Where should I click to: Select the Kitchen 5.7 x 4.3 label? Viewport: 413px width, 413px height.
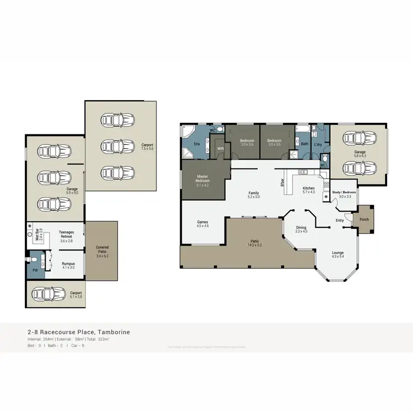pos(308,190)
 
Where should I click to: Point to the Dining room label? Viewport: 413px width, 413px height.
pos(301,230)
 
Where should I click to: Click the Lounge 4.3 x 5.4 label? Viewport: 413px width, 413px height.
pos(338,255)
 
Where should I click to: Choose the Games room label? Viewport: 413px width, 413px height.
pos(203,224)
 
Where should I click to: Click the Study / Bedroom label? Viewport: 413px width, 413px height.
pos(345,193)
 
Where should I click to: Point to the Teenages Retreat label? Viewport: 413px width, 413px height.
pos(66,236)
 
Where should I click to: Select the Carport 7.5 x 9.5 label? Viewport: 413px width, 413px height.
pos(146,147)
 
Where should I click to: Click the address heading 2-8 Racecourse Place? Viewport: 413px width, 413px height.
pos(78,333)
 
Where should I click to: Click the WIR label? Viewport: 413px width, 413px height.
pos(220,148)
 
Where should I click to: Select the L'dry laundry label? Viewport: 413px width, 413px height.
pos(318,144)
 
